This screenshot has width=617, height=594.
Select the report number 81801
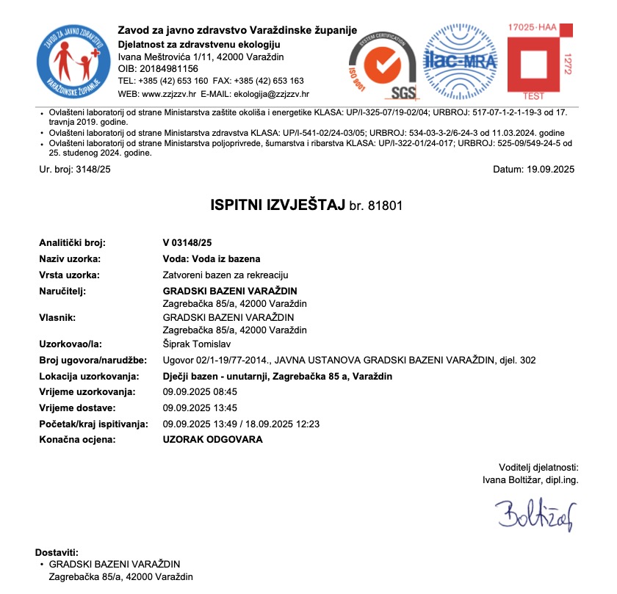386,206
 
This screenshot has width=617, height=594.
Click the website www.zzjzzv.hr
168,94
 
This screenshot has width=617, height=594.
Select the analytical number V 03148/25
187,242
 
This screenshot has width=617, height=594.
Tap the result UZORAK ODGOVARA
212,440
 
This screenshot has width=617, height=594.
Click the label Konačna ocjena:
77,440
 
